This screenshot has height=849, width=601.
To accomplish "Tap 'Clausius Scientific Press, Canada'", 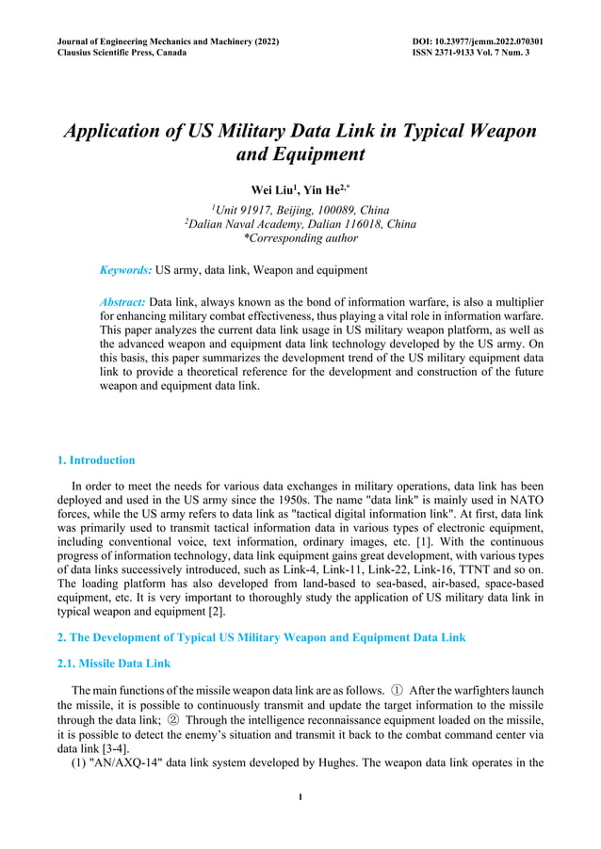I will click(x=122, y=53).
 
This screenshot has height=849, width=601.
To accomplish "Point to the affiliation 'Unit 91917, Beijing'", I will click(x=300, y=209).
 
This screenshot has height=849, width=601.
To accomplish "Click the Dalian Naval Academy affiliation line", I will click(x=300, y=224).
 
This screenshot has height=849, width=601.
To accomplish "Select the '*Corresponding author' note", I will click(x=300, y=238).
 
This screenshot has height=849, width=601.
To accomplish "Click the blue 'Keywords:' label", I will click(x=125, y=270).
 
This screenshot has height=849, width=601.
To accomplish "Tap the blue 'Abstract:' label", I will click(x=122, y=302).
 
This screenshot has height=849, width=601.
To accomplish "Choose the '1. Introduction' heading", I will click(x=96, y=460).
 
